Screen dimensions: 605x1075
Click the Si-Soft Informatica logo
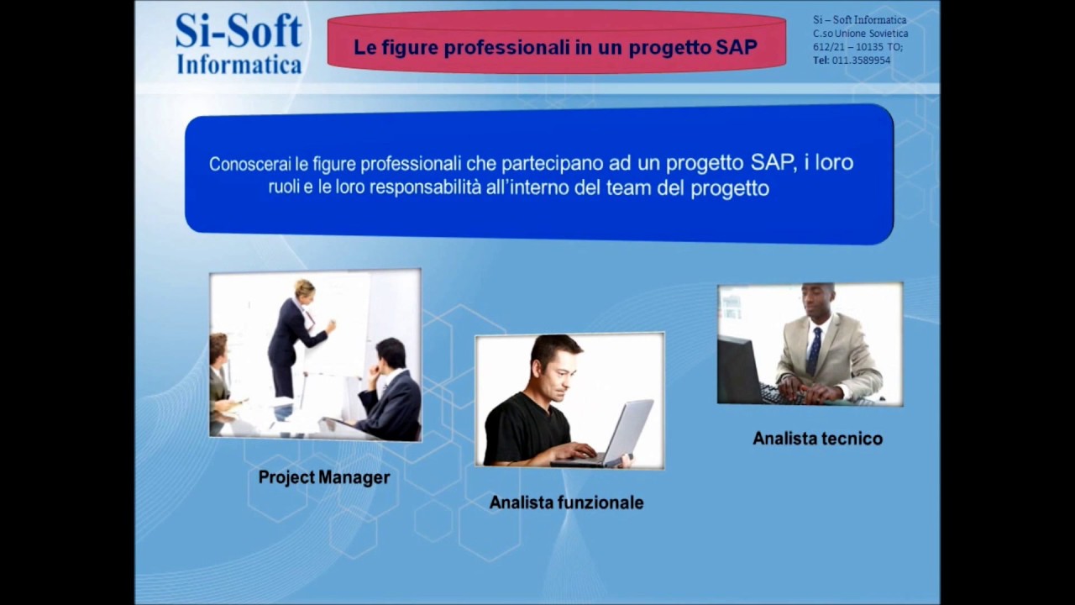(239, 44)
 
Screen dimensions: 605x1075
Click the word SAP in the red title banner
(737, 48)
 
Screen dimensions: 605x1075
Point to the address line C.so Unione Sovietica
(860, 34)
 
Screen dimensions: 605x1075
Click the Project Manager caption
(324, 477)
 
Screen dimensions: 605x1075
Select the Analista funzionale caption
(566, 502)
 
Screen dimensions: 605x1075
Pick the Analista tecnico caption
(817, 439)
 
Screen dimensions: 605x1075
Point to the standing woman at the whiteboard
(294, 336)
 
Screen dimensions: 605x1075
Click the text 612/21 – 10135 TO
(857, 47)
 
